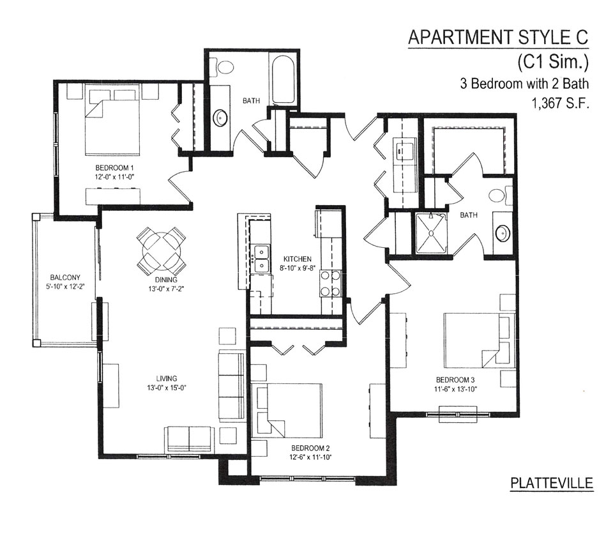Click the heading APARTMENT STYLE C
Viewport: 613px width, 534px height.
498,37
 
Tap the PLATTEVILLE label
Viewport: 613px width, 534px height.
552,483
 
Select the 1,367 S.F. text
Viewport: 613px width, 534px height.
559,103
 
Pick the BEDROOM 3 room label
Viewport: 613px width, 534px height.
455,379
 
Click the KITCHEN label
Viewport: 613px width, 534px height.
298,259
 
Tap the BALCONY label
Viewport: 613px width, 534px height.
65,277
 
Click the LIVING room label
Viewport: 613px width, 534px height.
167,378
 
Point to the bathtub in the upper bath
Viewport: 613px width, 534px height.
283,79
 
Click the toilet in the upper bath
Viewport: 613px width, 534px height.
222,67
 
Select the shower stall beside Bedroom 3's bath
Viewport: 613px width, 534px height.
430,233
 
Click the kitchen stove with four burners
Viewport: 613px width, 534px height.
331,283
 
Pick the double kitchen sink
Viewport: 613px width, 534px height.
261,259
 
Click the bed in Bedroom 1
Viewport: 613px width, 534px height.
112,121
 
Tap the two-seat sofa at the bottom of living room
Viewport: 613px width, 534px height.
189,439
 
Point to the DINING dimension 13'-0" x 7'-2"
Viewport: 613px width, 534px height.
166,289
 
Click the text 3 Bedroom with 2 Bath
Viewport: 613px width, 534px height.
524,84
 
